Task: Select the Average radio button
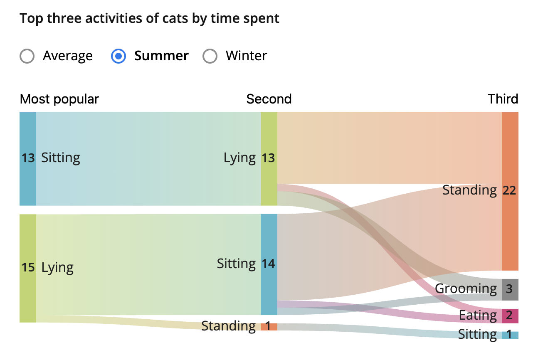[27, 56]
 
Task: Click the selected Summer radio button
[118, 56]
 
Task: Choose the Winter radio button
[210, 56]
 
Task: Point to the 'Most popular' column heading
[59, 99]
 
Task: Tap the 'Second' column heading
[269, 99]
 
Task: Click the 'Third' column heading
[503, 99]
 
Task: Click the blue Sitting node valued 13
[28, 158]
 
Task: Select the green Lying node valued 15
[28, 268]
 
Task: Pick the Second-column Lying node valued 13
[269, 158]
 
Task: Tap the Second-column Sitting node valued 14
[269, 264]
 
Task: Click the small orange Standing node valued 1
[269, 326]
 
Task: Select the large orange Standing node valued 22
[510, 191]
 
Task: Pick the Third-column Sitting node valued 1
[510, 335]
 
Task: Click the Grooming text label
[466, 289]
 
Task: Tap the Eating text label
[477, 316]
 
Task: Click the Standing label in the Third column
[469, 190]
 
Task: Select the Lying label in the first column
[57, 268]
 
